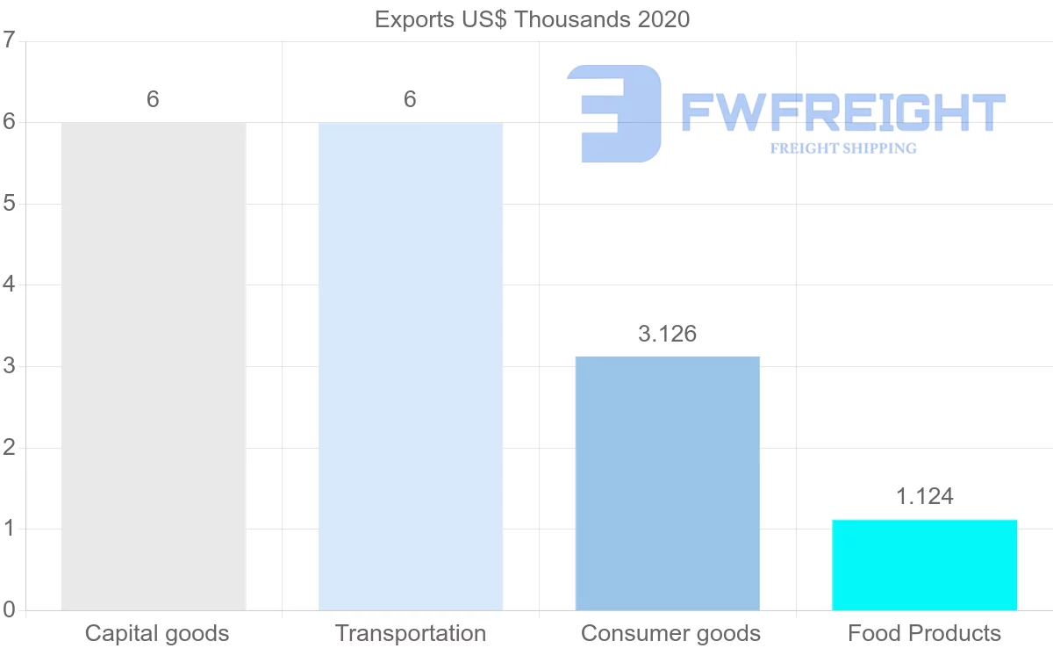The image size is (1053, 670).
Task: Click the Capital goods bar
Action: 154,366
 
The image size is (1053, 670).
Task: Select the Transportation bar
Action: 411,366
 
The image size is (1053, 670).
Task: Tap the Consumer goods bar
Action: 667,483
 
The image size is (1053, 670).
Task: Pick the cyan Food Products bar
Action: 924,565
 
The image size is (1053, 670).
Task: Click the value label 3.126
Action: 667,335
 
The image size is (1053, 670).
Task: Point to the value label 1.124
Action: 924,497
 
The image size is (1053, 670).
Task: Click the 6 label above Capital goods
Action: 153,100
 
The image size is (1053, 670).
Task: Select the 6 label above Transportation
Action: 410,100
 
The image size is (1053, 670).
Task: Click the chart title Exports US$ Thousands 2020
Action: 532,19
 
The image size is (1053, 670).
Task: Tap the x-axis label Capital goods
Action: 157,633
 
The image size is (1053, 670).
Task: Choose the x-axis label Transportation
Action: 411,633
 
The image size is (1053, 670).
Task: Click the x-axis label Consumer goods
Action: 670,633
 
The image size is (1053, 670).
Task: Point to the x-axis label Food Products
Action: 924,633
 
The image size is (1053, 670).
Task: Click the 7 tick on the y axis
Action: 9,40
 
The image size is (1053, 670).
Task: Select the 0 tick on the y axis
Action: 9,610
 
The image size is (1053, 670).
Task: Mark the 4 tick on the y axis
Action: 9,285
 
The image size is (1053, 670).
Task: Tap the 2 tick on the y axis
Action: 9,448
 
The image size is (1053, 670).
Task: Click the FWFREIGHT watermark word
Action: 842,112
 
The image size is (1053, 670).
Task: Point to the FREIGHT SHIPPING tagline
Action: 842,148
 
